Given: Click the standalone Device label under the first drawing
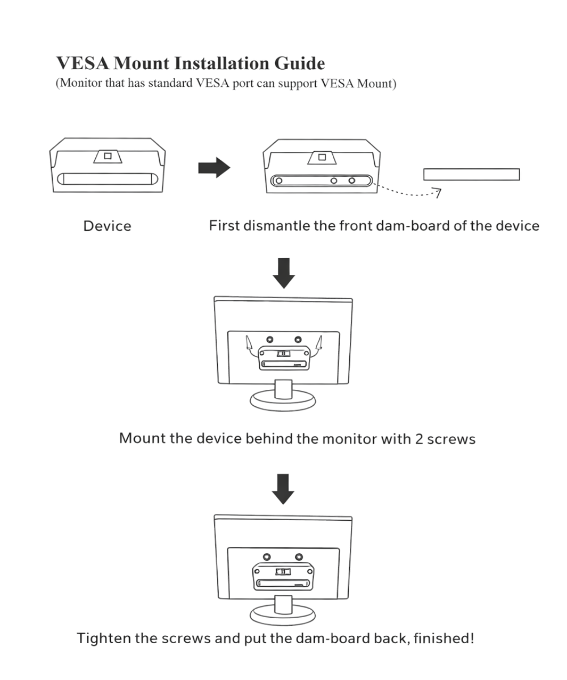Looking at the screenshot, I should pyautogui.click(x=107, y=226).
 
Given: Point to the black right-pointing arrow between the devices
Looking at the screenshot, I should pyautogui.click(x=214, y=168).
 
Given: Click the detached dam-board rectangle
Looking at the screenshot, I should pyautogui.click(x=472, y=174).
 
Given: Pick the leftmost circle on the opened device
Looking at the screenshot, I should pyautogui.click(x=279, y=181).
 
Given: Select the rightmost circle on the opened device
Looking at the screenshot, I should pyautogui.click(x=352, y=181).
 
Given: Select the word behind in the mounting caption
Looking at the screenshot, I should pyautogui.click(x=268, y=439).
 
